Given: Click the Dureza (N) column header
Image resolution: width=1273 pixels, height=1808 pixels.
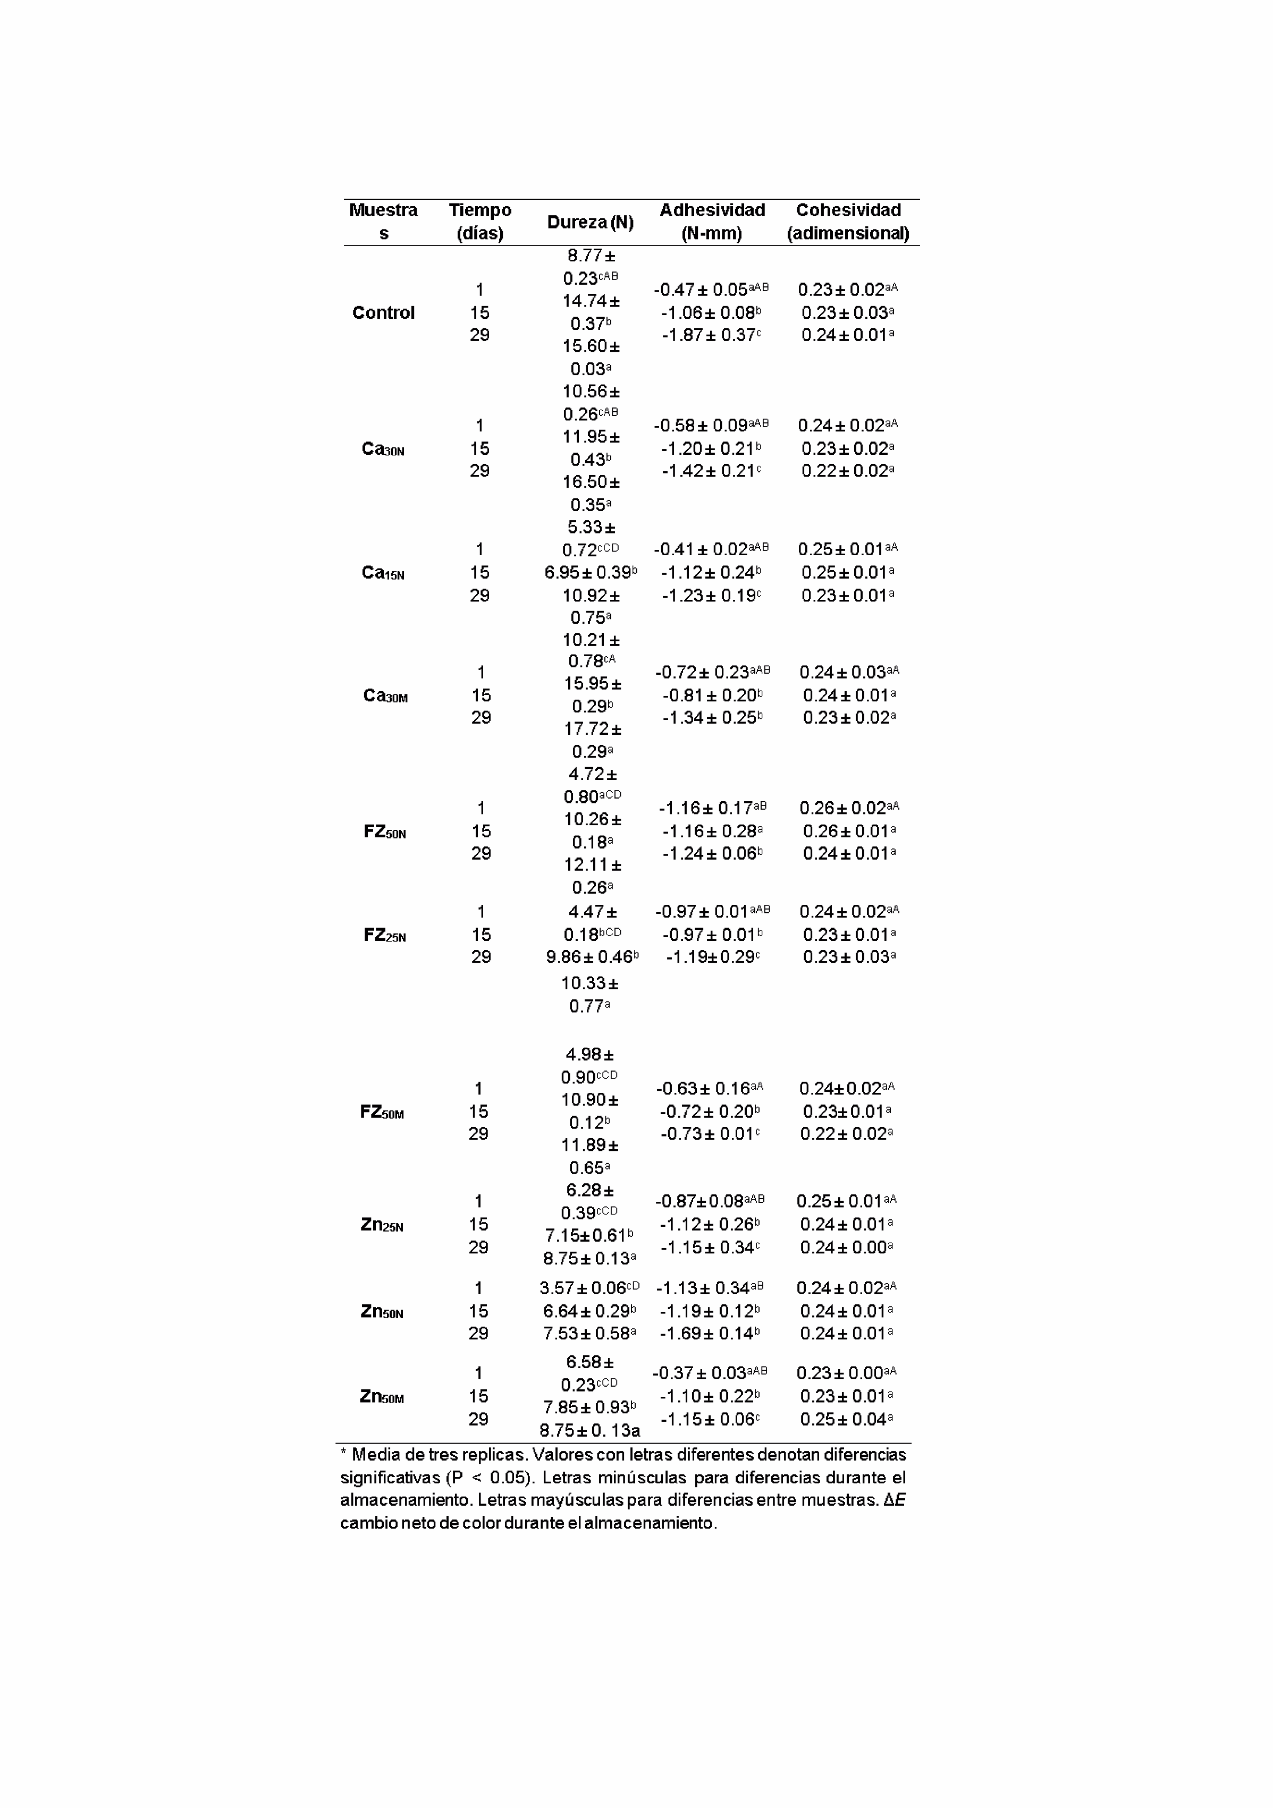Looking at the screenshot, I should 590,222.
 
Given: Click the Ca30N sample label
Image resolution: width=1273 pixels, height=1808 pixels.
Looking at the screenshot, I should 383,449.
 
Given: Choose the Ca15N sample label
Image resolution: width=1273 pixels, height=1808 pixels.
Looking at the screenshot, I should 383,573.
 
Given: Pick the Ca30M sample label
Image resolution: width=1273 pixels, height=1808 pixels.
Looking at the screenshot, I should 385,695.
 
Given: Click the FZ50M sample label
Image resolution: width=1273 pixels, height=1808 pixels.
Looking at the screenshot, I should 382,1112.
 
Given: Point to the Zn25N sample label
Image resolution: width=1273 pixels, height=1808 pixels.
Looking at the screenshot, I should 382,1225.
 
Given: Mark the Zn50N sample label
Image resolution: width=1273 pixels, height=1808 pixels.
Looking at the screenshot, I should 382,1311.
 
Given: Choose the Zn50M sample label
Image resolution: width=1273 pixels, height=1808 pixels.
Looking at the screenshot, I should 382,1396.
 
